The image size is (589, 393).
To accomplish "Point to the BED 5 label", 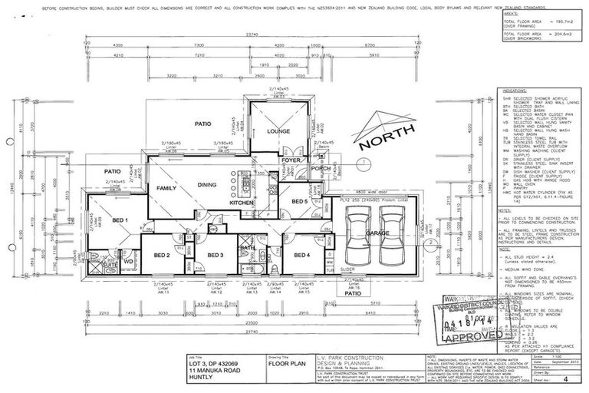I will point(299,201).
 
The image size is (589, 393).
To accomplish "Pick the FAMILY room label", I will point(167,188).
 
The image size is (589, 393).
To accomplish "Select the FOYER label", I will point(289,160).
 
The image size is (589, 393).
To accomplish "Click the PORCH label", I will point(320,167).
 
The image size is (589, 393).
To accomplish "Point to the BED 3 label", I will point(216,255).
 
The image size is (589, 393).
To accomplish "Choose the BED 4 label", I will point(300,255).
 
